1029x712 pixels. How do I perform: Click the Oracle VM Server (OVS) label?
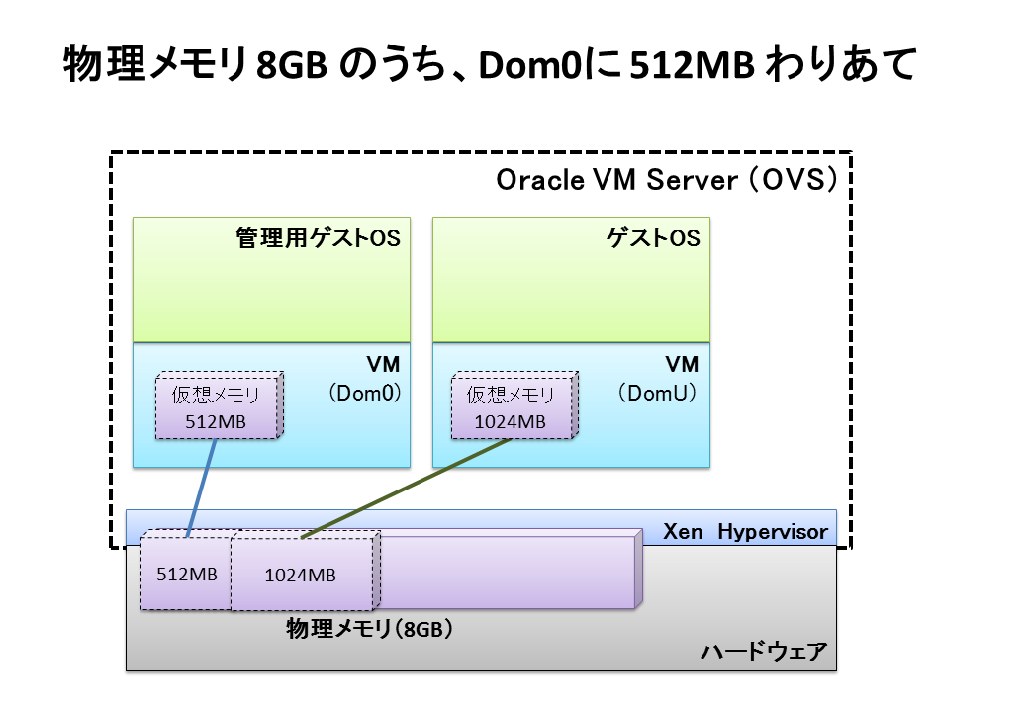[668, 181]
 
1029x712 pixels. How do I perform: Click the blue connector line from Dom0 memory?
[202, 485]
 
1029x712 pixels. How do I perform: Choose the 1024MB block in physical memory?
[300, 575]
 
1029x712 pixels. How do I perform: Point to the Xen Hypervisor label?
[744, 532]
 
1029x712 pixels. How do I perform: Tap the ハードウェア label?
[763, 653]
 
